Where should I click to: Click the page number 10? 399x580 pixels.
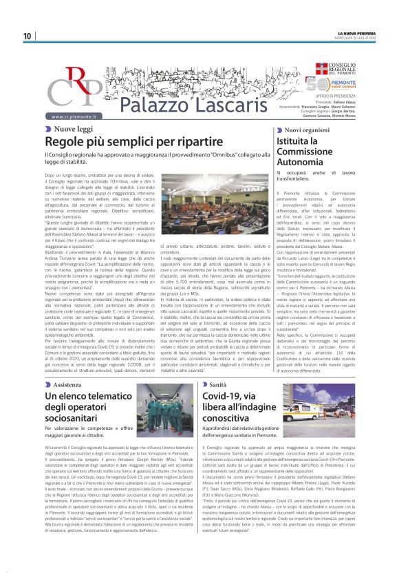(27, 36)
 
